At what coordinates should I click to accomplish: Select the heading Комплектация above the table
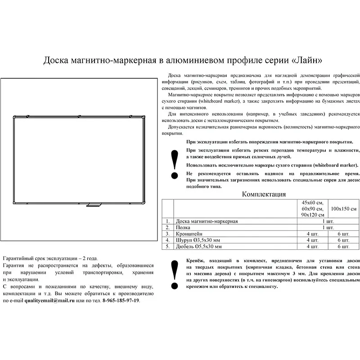[x=264, y=194]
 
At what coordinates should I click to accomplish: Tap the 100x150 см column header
[x=340, y=209]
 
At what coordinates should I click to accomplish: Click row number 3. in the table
[x=167, y=234]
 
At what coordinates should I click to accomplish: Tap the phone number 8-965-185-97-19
[x=121, y=301]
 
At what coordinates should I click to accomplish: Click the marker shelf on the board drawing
[x=94, y=206]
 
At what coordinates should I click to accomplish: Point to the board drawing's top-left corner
[x=14, y=118]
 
